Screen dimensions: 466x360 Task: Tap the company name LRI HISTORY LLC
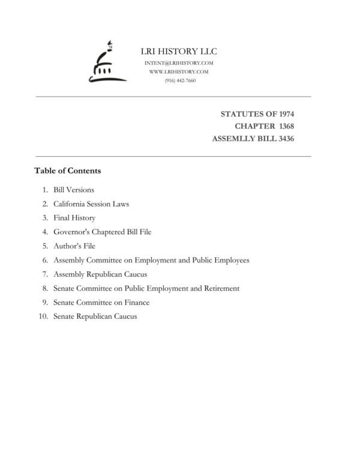pyautogui.click(x=179, y=52)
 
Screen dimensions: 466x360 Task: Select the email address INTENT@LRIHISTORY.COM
pyautogui.click(x=179, y=63)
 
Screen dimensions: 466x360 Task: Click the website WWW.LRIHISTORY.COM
pyautogui.click(x=179, y=71)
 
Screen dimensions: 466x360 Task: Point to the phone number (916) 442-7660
pyautogui.click(x=179, y=80)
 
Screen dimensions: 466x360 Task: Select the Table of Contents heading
pyautogui.click(x=68, y=171)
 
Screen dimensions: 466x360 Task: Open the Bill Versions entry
pyautogui.click(x=74, y=190)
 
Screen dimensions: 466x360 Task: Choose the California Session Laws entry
pyautogui.click(x=91, y=204)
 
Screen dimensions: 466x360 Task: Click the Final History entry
pyautogui.click(x=74, y=218)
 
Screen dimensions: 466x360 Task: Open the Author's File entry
pyautogui.click(x=74, y=246)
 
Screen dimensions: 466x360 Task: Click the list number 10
pyautogui.click(x=43, y=316)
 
